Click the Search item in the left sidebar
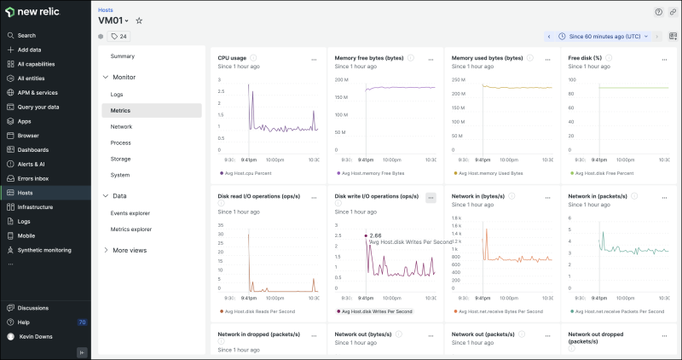pos(26,35)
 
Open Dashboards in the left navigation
pos(33,149)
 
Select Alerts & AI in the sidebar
pos(32,164)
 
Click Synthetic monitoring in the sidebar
pos(44,250)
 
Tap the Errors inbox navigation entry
pos(33,178)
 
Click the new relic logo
pos(32,13)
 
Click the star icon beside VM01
pos(140,20)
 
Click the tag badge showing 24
pos(118,37)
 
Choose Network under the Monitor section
pos(121,126)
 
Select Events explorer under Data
pos(130,212)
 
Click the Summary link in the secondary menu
pos(122,56)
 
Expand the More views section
pos(129,250)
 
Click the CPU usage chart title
pos(232,58)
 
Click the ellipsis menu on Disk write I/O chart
pos(431,197)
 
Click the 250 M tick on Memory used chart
pos(459,79)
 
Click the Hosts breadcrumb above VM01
pos(106,9)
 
